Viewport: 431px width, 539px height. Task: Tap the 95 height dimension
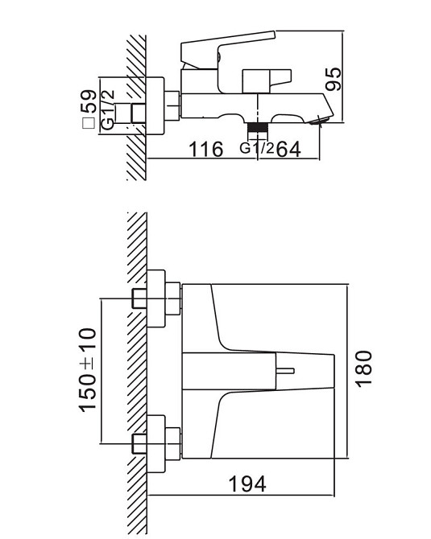[333, 78]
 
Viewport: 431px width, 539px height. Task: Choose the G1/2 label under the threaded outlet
[257, 148]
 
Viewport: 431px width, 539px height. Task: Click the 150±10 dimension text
[88, 369]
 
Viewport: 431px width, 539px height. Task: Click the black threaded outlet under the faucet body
[257, 129]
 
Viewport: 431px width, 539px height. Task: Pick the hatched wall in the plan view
[137, 370]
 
